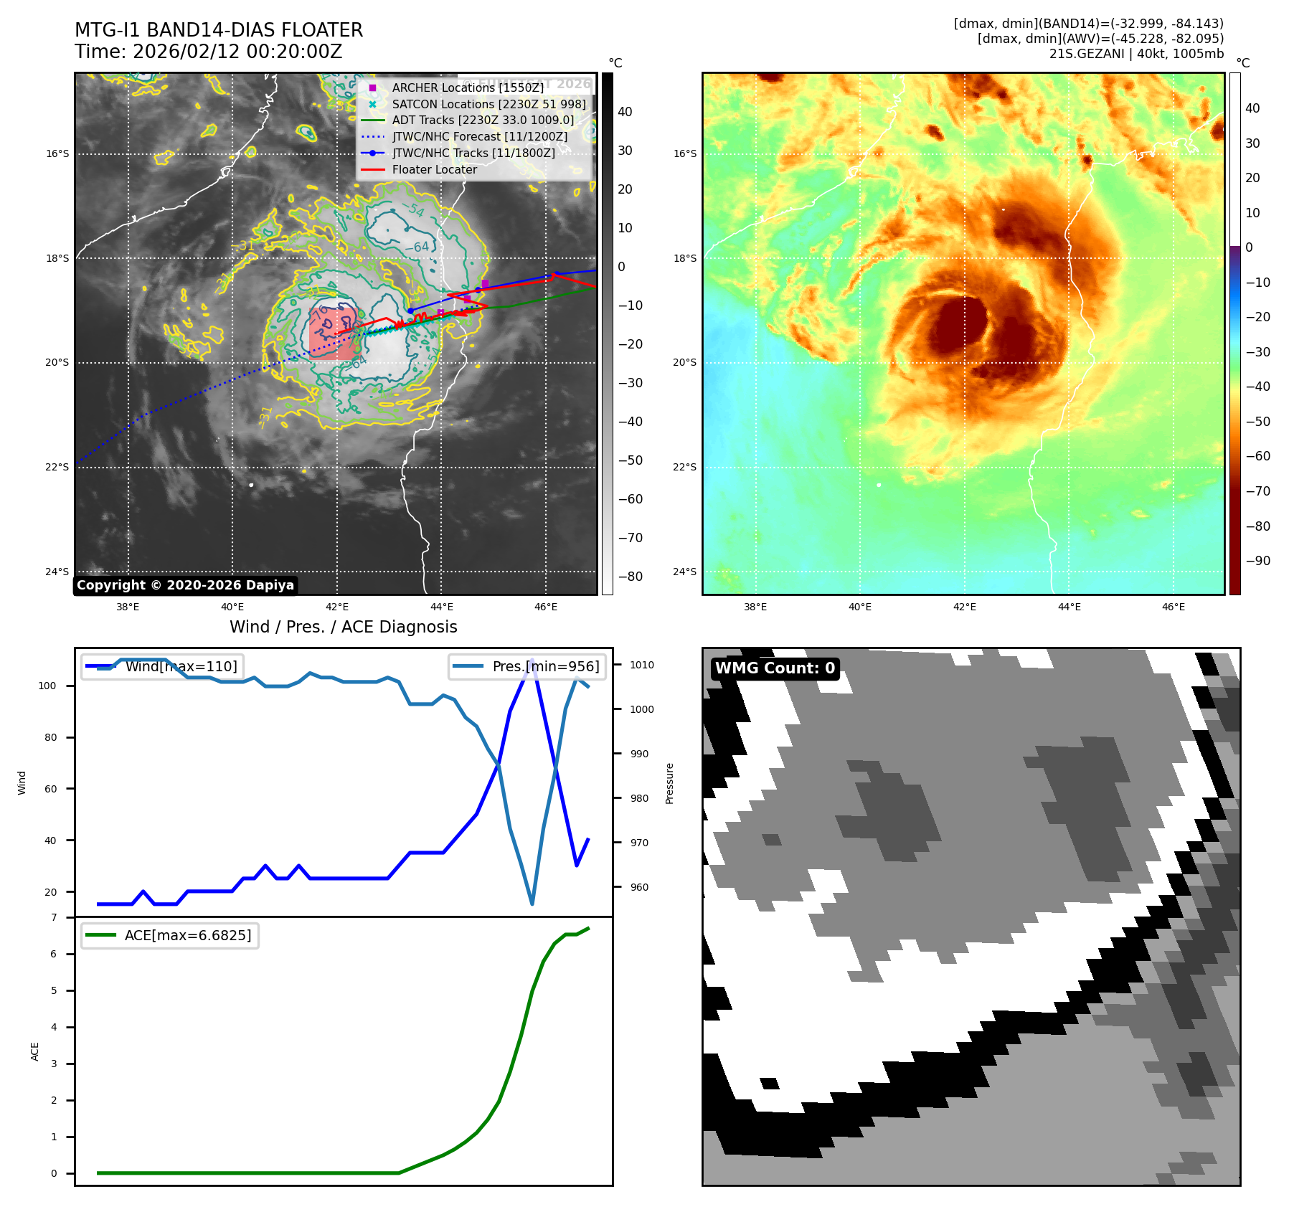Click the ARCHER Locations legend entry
click(x=467, y=87)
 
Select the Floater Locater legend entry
click(x=434, y=169)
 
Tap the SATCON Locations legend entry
click(x=488, y=104)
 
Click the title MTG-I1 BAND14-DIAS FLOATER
click(x=219, y=30)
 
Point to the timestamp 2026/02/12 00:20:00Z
click(x=237, y=52)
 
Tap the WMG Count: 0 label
click(x=775, y=668)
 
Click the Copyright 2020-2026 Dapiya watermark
click(x=185, y=585)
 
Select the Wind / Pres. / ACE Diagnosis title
click(x=343, y=627)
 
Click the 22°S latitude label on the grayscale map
click(x=57, y=467)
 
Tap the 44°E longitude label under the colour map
click(x=1069, y=607)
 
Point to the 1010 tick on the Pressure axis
click(x=642, y=665)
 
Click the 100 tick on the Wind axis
click(x=47, y=686)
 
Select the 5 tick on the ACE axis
click(x=54, y=990)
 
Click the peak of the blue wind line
click(x=532, y=660)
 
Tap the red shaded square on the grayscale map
click(x=334, y=333)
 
